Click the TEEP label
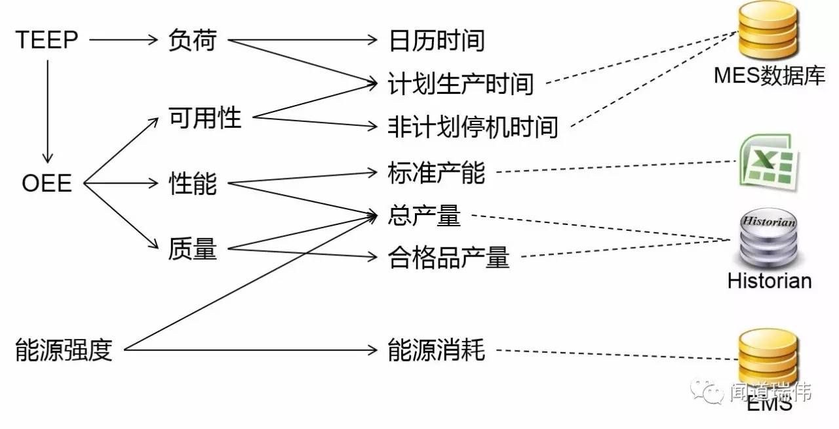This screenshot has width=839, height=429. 47,40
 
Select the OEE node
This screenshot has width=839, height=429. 47,182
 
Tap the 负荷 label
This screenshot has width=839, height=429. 192,40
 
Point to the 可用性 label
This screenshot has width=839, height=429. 205,118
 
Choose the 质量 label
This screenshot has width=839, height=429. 192,249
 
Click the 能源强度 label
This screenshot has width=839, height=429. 64,350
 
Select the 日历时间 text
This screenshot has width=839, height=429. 437,41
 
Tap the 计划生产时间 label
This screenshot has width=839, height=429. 461,84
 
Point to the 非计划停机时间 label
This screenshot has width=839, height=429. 473,127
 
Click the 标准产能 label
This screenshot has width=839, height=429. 437,173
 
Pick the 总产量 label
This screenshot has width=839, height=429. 424,216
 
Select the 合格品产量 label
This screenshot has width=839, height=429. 448,258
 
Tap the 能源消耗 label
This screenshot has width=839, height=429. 437,350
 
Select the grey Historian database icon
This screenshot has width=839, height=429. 768,239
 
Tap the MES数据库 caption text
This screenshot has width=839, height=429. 770,76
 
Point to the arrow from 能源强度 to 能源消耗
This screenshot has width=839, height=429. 249,350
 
